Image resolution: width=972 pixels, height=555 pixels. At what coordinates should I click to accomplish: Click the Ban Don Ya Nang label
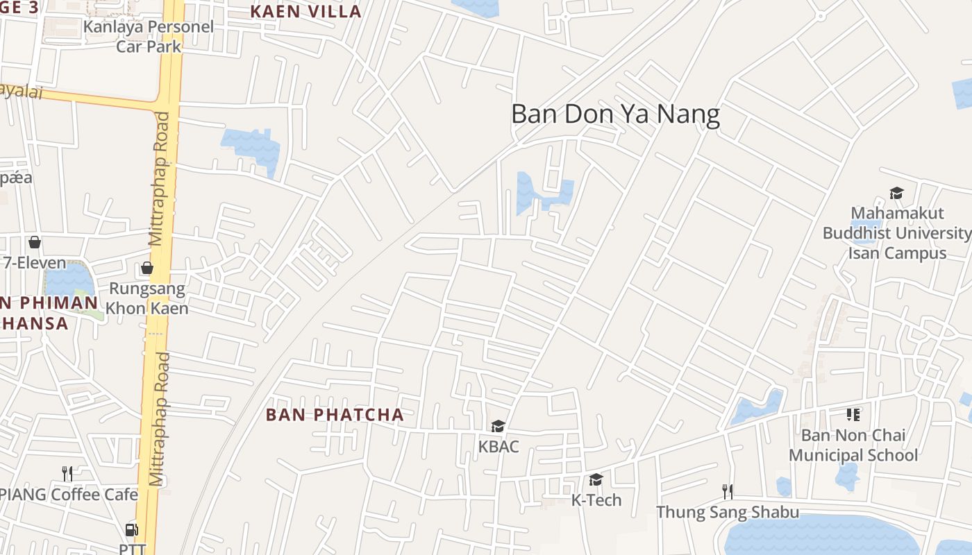click(615, 114)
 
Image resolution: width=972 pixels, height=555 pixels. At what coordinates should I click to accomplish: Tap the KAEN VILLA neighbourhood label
click(305, 12)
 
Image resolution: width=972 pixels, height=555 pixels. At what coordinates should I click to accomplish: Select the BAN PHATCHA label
click(335, 415)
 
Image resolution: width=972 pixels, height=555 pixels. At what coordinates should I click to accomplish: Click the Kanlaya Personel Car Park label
click(148, 37)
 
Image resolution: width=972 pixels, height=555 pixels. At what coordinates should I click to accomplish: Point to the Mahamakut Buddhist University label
click(896, 233)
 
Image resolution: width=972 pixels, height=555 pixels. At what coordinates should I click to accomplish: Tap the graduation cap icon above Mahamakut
click(896, 193)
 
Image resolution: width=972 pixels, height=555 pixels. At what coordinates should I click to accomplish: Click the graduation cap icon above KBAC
click(498, 426)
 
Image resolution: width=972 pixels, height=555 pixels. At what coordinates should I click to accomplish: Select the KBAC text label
click(498, 447)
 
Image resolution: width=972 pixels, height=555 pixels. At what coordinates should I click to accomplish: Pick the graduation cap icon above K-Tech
click(596, 480)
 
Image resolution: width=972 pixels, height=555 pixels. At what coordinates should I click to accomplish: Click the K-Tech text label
click(596, 500)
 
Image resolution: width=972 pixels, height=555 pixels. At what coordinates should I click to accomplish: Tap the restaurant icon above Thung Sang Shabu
click(728, 492)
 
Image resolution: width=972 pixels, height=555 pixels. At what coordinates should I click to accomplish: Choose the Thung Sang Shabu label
click(728, 513)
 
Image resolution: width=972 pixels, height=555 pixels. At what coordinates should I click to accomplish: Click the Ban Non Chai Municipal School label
click(853, 445)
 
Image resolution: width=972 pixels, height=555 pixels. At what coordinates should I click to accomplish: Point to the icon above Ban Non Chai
click(853, 415)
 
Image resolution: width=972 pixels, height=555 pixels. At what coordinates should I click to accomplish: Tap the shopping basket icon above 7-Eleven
click(34, 243)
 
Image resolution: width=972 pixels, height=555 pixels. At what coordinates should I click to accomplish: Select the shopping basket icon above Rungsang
click(146, 268)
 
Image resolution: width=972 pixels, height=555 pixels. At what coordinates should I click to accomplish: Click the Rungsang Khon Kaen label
click(147, 298)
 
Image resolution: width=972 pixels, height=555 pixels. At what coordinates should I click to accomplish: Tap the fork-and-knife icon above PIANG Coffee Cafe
click(67, 474)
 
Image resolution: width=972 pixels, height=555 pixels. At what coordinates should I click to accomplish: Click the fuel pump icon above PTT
click(131, 530)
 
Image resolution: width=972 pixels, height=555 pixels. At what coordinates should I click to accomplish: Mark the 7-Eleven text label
click(35, 264)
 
